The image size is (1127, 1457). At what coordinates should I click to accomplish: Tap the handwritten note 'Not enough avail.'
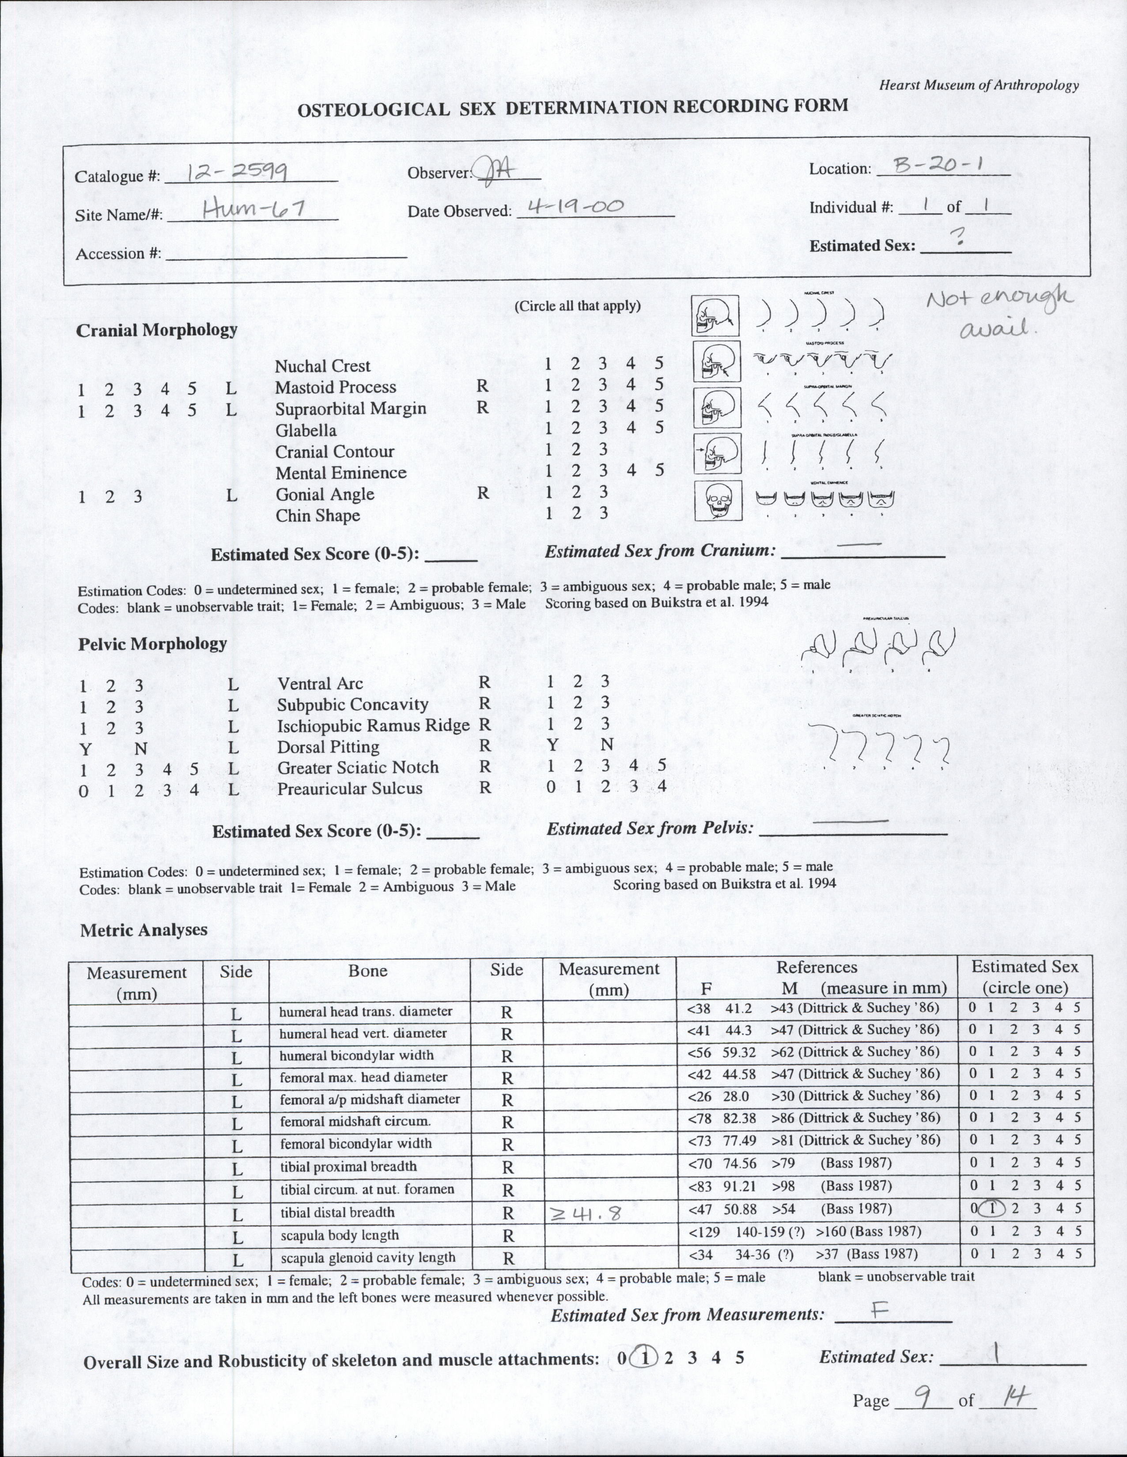(999, 312)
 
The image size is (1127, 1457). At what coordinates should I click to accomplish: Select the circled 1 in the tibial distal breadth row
(991, 1209)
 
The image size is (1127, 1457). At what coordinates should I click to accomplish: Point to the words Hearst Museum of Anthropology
(978, 85)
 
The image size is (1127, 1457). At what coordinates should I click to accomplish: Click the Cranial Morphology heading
(157, 330)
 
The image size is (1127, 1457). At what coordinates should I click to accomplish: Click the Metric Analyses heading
(144, 930)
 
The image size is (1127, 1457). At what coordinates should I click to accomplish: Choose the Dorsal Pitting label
(328, 746)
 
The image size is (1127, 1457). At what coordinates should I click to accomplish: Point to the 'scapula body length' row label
(340, 1235)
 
